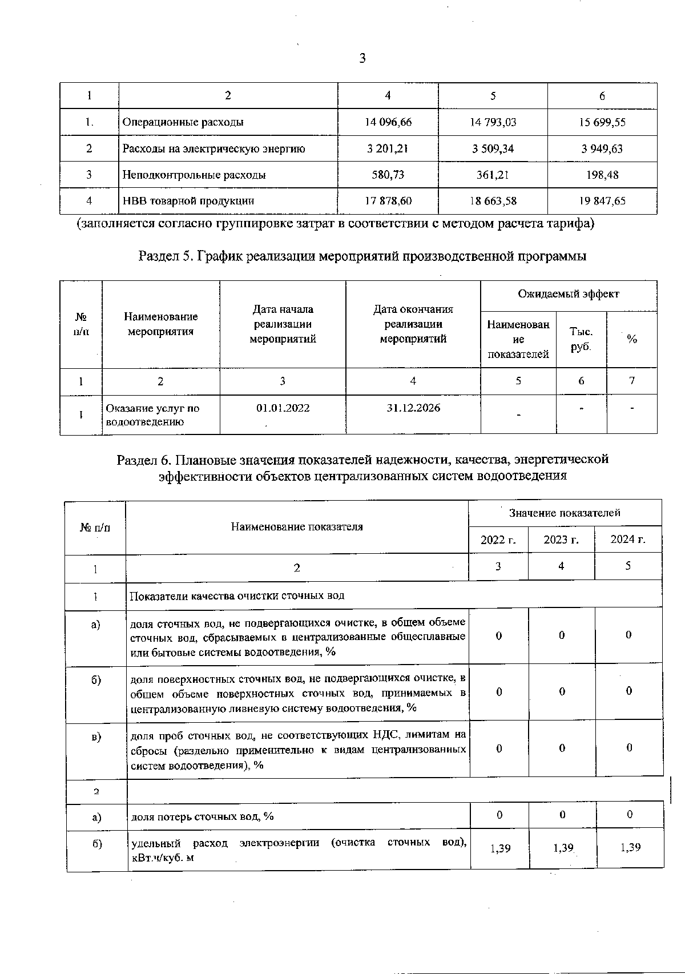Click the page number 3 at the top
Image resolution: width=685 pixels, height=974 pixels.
coord(362,58)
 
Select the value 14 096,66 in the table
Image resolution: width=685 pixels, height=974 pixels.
coord(388,122)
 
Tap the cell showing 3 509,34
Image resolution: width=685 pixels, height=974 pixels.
coord(493,148)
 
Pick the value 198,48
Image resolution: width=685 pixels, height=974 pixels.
coord(602,175)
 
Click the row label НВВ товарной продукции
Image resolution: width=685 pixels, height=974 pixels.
coord(188,201)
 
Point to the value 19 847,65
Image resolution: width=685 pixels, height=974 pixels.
coord(602,201)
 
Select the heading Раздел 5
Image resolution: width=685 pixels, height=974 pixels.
coord(362,256)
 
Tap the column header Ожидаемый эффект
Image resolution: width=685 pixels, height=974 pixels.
coord(569,294)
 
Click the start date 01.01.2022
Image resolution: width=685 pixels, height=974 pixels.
coord(283,408)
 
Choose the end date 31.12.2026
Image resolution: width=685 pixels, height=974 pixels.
coord(413,408)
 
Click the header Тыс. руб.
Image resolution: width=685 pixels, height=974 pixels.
coord(581,339)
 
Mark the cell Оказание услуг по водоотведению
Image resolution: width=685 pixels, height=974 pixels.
coord(153,415)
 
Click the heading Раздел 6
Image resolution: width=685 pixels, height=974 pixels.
coord(362,467)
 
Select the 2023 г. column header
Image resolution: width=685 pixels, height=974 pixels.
coord(561,540)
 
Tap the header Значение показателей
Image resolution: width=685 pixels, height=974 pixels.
coord(565,513)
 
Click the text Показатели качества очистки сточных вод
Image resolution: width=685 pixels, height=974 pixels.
coord(237,595)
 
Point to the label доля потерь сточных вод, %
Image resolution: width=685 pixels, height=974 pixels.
coord(203,816)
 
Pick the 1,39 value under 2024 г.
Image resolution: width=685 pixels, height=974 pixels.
coord(630,847)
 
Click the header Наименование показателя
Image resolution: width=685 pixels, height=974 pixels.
coord(297,526)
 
